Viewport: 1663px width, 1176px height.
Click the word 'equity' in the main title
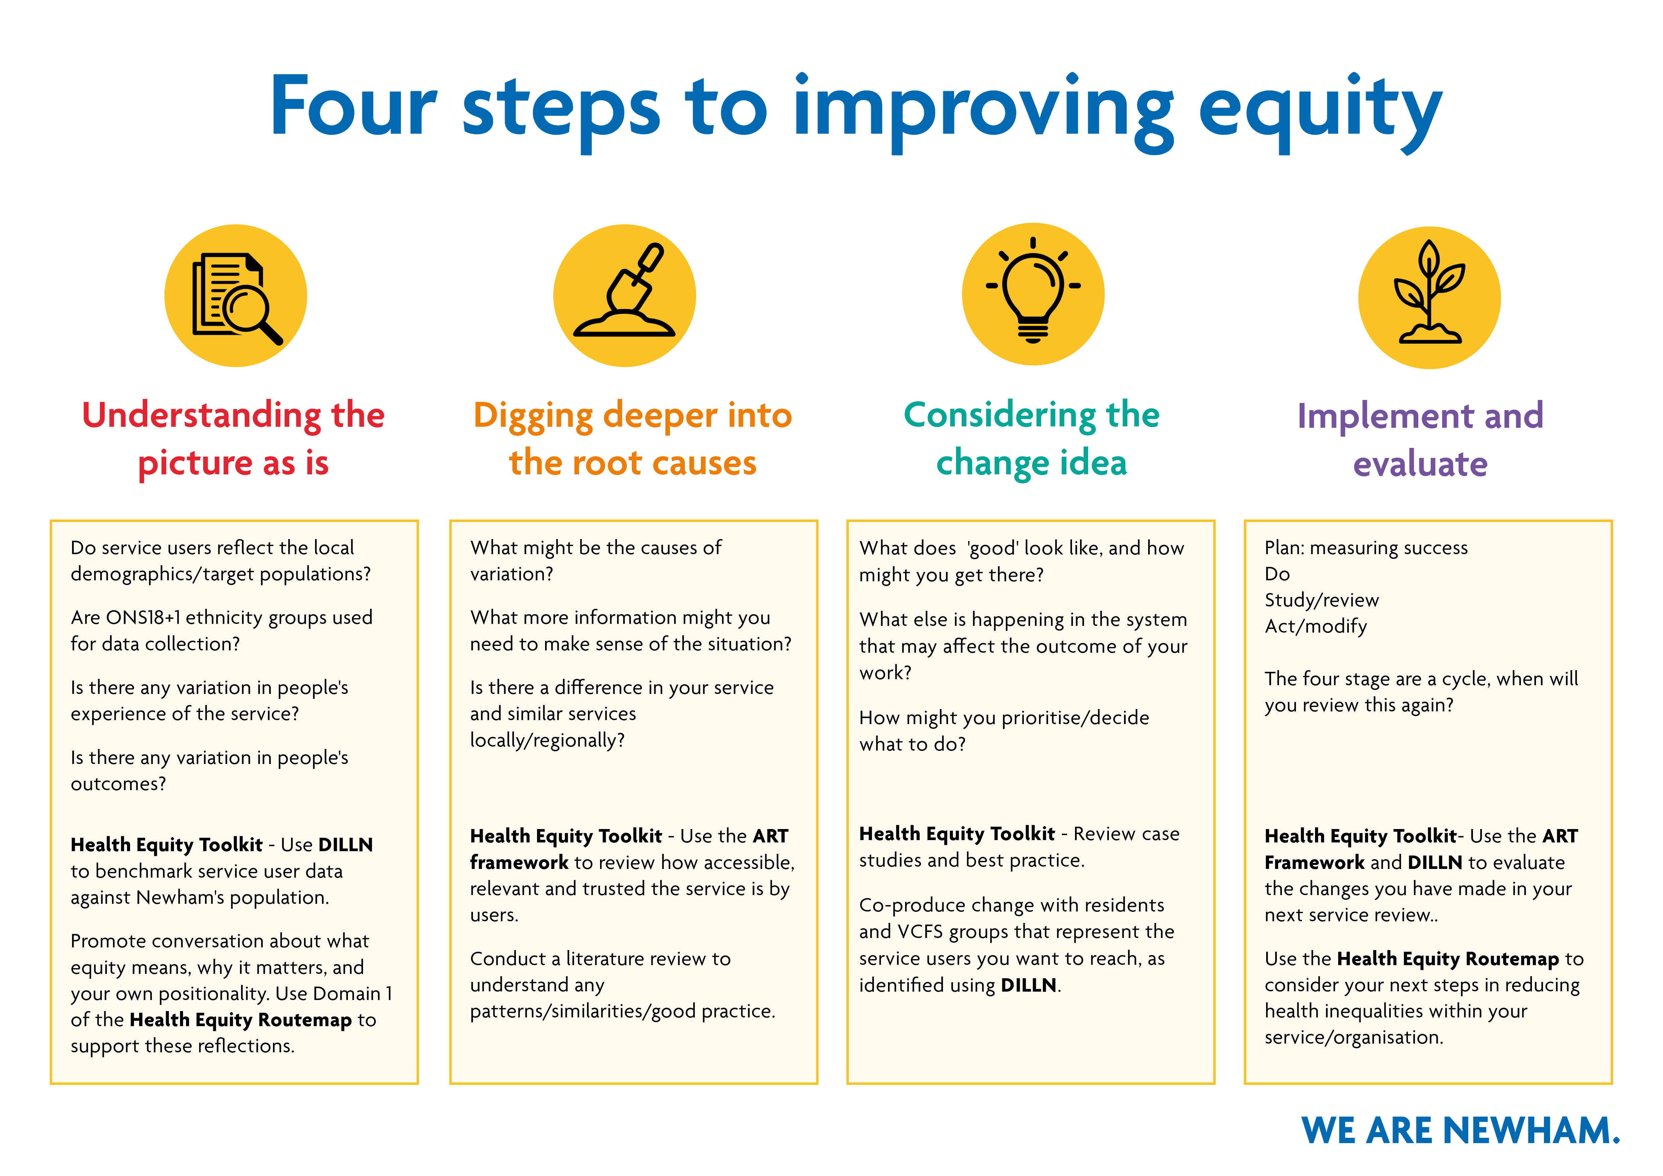pyautogui.click(x=1320, y=112)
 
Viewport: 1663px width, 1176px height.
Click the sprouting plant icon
pyautogui.click(x=1429, y=292)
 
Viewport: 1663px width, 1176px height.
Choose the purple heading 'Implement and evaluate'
pyautogui.click(x=1420, y=439)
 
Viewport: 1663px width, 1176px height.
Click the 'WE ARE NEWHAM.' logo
pyautogui.click(x=1460, y=1130)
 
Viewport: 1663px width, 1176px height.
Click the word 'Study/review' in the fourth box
pyautogui.click(x=1322, y=600)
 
